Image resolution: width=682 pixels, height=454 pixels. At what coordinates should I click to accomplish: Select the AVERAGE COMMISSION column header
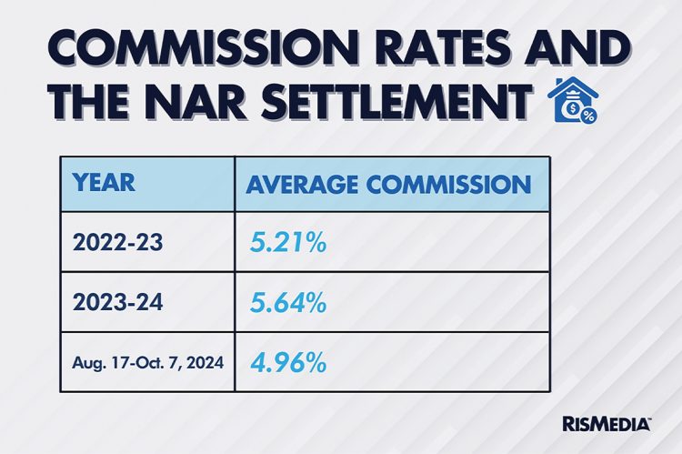click(388, 184)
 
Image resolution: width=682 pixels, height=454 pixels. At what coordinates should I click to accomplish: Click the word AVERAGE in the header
click(302, 184)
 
